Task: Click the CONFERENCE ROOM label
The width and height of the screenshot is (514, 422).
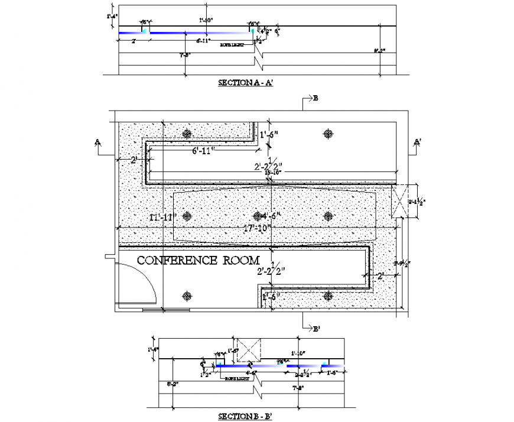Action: coord(198,260)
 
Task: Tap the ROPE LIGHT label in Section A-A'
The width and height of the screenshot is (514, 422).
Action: coord(232,45)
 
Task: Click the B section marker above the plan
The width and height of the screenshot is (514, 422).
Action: coord(315,99)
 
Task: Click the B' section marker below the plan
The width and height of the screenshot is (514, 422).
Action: coord(317,329)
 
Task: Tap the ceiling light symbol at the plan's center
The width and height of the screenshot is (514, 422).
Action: coord(257,216)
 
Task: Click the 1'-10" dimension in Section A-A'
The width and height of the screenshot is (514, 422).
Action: coord(204,21)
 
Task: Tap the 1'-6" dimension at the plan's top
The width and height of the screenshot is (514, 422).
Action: coord(271,135)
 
